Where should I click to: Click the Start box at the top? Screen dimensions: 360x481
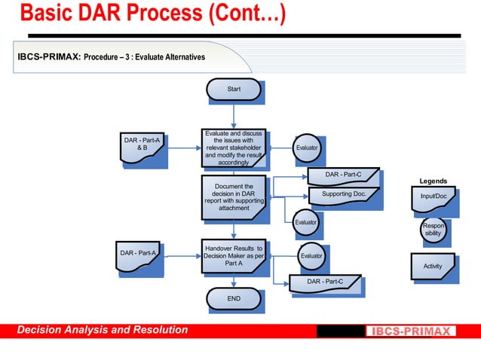point(234,90)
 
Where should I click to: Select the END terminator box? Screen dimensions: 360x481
point(234,299)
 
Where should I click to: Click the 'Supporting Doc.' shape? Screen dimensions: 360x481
point(343,194)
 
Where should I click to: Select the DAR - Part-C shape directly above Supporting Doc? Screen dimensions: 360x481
point(343,175)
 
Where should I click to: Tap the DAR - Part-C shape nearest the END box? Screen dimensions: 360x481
point(324,282)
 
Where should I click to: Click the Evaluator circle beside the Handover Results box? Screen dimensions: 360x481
point(311,256)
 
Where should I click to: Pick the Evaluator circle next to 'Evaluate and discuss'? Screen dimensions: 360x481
point(306,148)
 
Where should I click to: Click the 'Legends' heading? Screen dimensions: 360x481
point(434,182)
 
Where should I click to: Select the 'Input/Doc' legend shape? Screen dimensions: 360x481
point(434,197)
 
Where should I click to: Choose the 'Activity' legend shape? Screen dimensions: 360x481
point(433,266)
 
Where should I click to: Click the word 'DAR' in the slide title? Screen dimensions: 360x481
point(103,14)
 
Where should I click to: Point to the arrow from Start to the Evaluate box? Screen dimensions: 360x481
point(234,115)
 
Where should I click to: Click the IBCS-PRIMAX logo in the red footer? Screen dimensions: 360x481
point(411,331)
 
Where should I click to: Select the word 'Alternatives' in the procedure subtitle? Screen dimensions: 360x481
point(180,57)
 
